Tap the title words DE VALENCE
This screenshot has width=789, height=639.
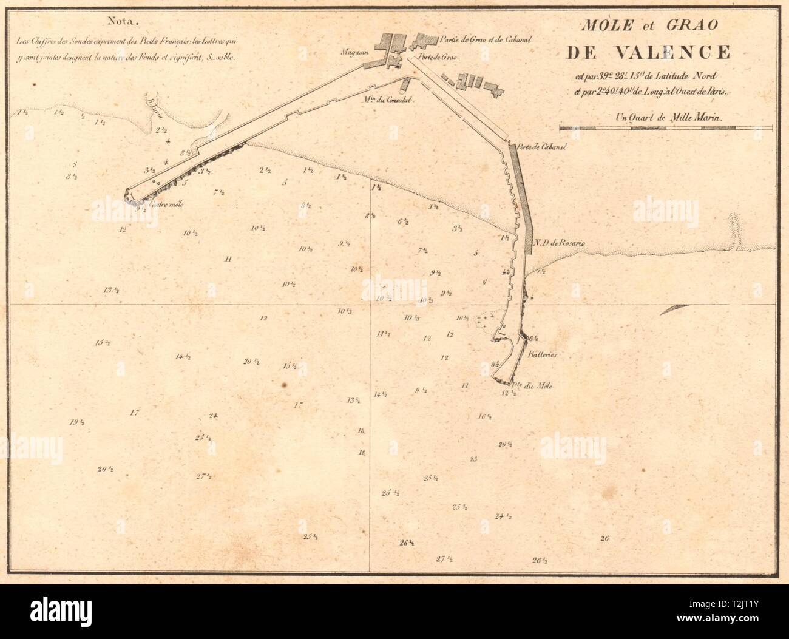(648, 53)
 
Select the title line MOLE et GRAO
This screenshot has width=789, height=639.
(649, 26)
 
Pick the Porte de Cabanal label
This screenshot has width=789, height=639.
(537, 146)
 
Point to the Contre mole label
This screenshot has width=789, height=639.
(164, 205)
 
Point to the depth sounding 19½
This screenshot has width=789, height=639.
(76, 423)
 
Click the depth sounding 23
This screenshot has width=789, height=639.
(473, 459)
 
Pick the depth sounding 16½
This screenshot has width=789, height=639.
(484, 416)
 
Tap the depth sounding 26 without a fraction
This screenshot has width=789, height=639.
(604, 538)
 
